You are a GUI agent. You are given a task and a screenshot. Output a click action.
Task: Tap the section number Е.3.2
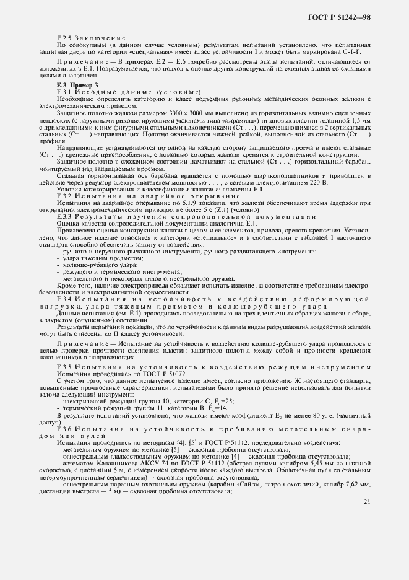coord(65,196)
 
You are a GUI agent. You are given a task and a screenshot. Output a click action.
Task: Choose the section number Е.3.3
coord(65,216)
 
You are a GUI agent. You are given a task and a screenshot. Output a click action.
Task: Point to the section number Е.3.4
coord(65,299)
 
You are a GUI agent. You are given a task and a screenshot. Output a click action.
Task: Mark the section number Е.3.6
coord(65,429)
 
